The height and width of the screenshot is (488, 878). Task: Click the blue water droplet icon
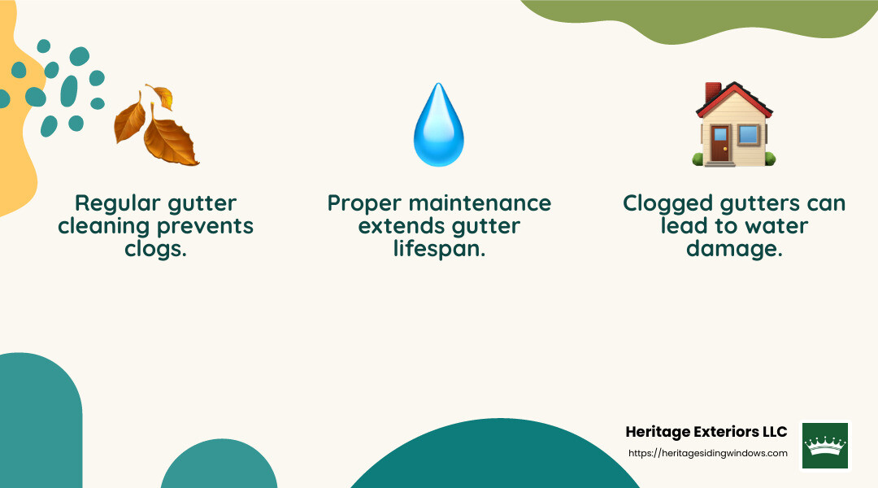click(439, 127)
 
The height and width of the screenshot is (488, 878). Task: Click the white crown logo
click(825, 445)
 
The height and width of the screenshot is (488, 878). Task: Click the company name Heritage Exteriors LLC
click(706, 432)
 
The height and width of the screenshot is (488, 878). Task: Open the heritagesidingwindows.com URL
click(708, 453)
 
